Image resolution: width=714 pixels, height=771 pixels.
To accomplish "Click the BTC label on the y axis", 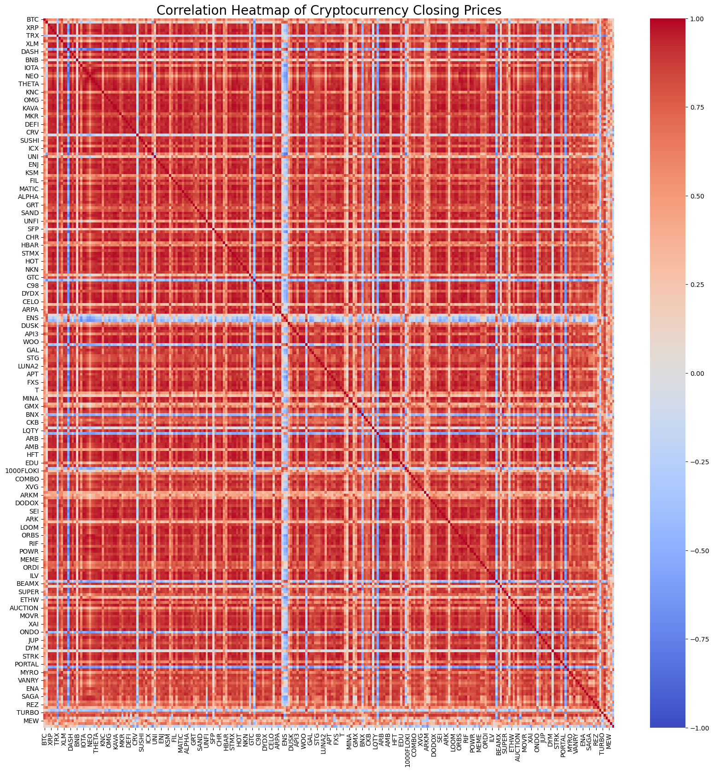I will coord(33,19).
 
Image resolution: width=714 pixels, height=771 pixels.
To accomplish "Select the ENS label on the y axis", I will coord(33,318).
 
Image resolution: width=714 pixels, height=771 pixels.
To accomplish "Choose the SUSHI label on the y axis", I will coord(30,140).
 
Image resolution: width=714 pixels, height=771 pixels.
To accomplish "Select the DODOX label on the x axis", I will coord(435,743).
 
